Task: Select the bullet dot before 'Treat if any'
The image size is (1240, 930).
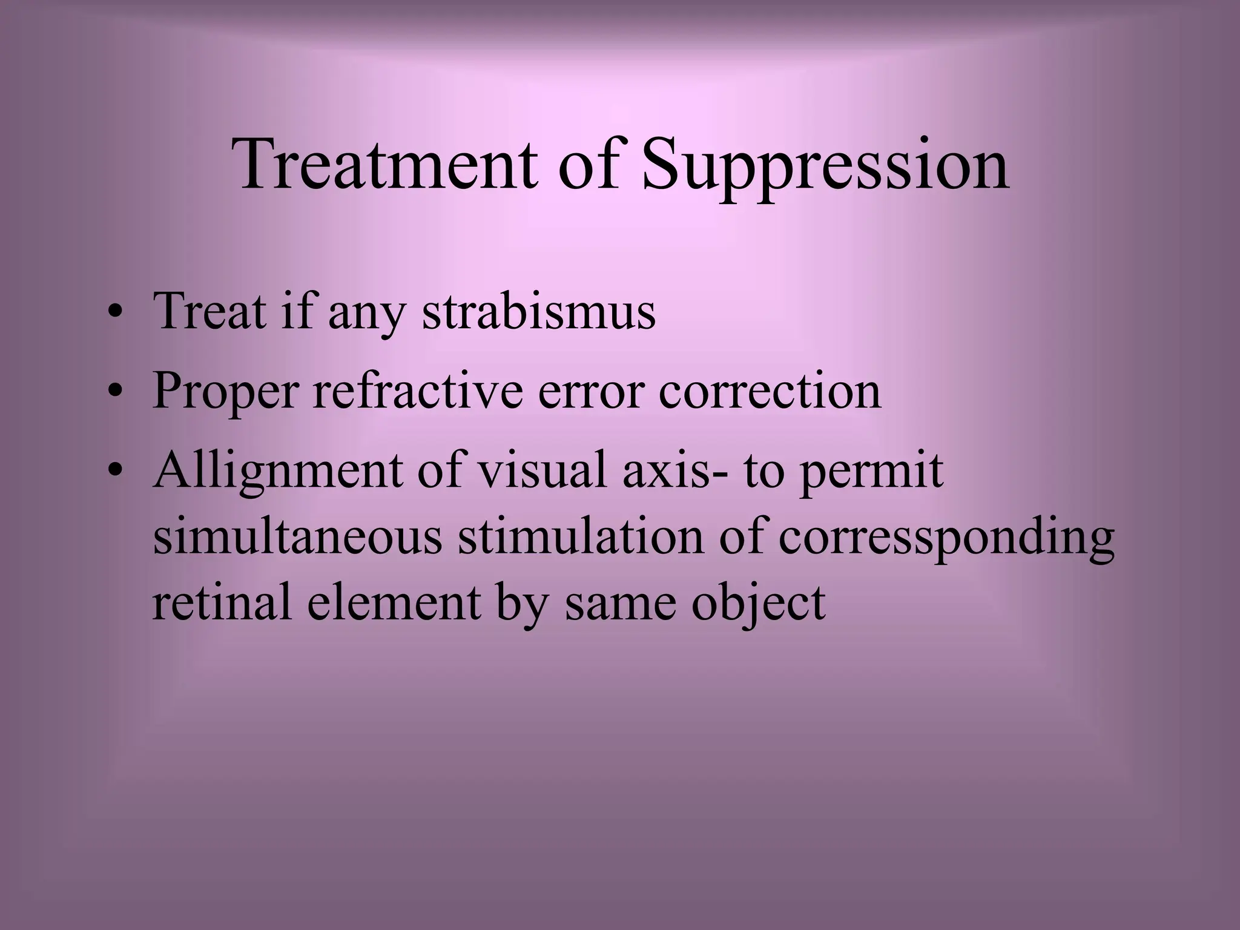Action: (x=115, y=314)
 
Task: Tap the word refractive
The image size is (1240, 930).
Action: (x=417, y=390)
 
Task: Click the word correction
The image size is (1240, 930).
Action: (x=770, y=390)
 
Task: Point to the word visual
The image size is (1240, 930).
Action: (x=542, y=469)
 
